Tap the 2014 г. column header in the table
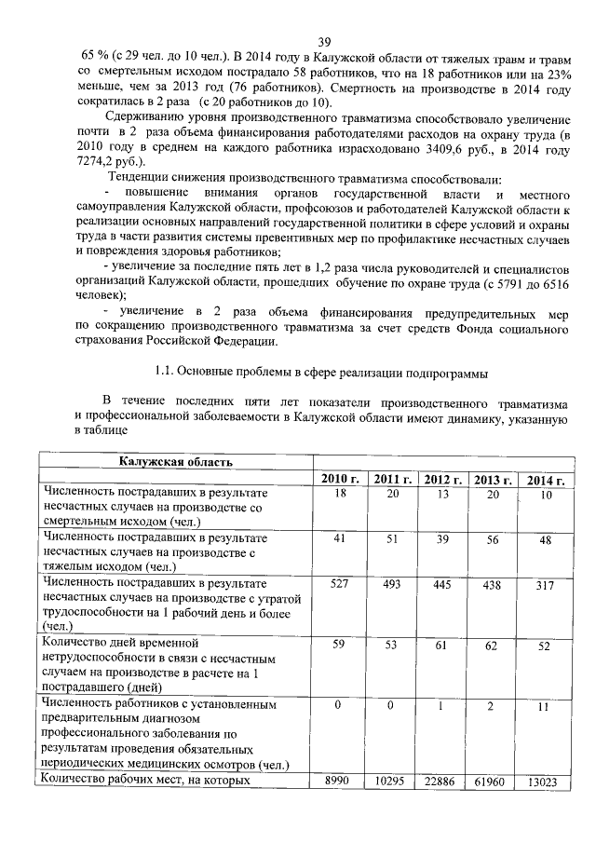(x=545, y=480)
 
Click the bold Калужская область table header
(x=175, y=461)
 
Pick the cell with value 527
(x=340, y=584)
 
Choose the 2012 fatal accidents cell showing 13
(x=443, y=494)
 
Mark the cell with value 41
(x=340, y=539)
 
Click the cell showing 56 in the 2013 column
(x=494, y=539)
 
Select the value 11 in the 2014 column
(x=545, y=708)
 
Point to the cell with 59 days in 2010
(x=340, y=644)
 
